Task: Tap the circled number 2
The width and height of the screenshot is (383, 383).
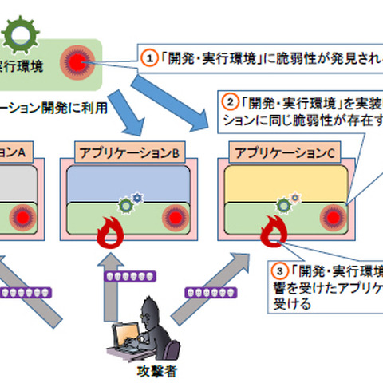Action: pyautogui.click(x=229, y=103)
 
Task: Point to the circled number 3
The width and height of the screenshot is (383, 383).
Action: pyautogui.click(x=280, y=269)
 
